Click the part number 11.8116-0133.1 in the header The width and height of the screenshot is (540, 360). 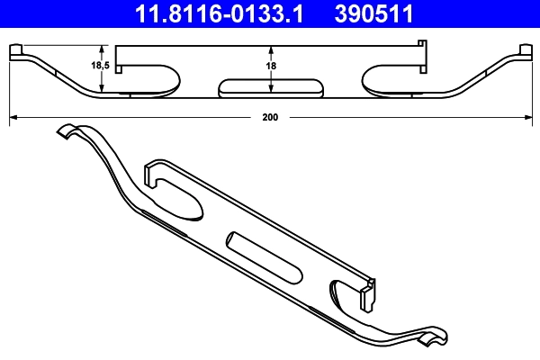pos(209,13)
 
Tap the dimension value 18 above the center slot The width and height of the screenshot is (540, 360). pos(271,67)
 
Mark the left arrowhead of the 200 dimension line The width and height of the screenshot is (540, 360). pos(12,117)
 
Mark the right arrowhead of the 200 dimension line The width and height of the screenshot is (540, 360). pos(528,117)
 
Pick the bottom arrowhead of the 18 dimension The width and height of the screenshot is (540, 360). pos(271,91)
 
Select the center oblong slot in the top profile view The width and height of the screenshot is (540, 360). pos(270,86)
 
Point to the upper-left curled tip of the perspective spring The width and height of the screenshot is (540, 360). pos(65,130)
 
